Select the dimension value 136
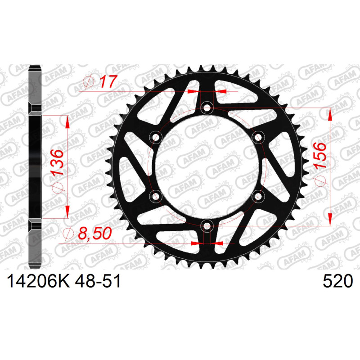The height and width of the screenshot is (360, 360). point(57,162)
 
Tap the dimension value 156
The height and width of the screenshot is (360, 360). point(319,155)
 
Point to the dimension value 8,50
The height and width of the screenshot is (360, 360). point(95,233)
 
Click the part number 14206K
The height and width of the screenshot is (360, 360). point(38,281)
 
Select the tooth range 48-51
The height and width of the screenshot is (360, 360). point(98,281)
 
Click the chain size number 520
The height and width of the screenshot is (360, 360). point(337,281)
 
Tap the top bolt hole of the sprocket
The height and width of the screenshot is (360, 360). point(207,108)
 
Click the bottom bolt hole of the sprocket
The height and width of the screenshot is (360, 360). point(207,226)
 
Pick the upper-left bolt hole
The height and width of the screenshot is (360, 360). point(156,138)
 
